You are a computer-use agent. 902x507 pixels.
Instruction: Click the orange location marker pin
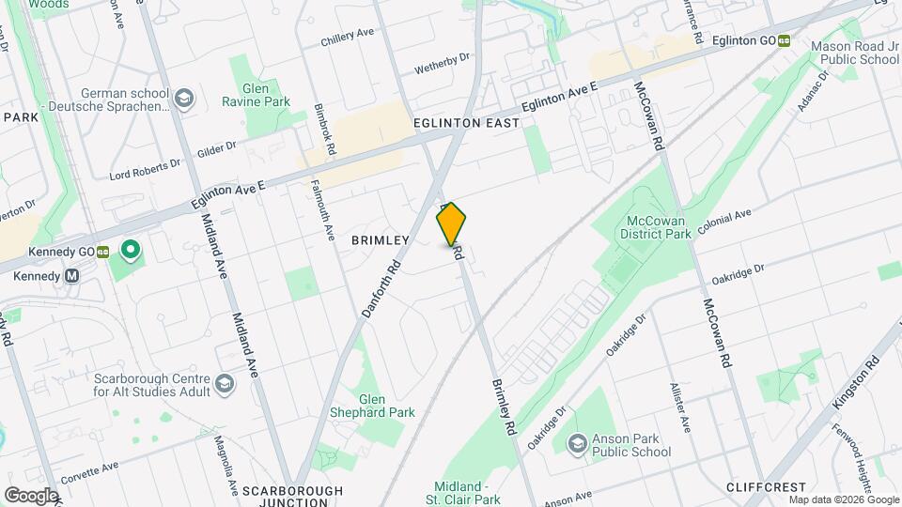coord(451,223)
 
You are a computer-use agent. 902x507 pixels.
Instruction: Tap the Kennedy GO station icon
coord(103,252)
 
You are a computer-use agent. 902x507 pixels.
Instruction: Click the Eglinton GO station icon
coord(783,41)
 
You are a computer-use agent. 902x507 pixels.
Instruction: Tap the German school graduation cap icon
coord(185,98)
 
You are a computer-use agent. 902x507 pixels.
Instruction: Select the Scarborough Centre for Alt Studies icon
coord(225,383)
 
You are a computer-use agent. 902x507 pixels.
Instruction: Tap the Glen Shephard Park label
coord(373,405)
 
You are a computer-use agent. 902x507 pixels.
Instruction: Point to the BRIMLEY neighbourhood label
coord(381,240)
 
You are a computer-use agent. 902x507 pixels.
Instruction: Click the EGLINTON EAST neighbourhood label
coord(466,123)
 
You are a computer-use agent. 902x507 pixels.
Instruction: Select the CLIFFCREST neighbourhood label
coord(766,487)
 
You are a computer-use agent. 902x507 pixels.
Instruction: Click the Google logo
coord(31,495)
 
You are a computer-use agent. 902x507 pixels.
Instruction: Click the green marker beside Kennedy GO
coord(131,251)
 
